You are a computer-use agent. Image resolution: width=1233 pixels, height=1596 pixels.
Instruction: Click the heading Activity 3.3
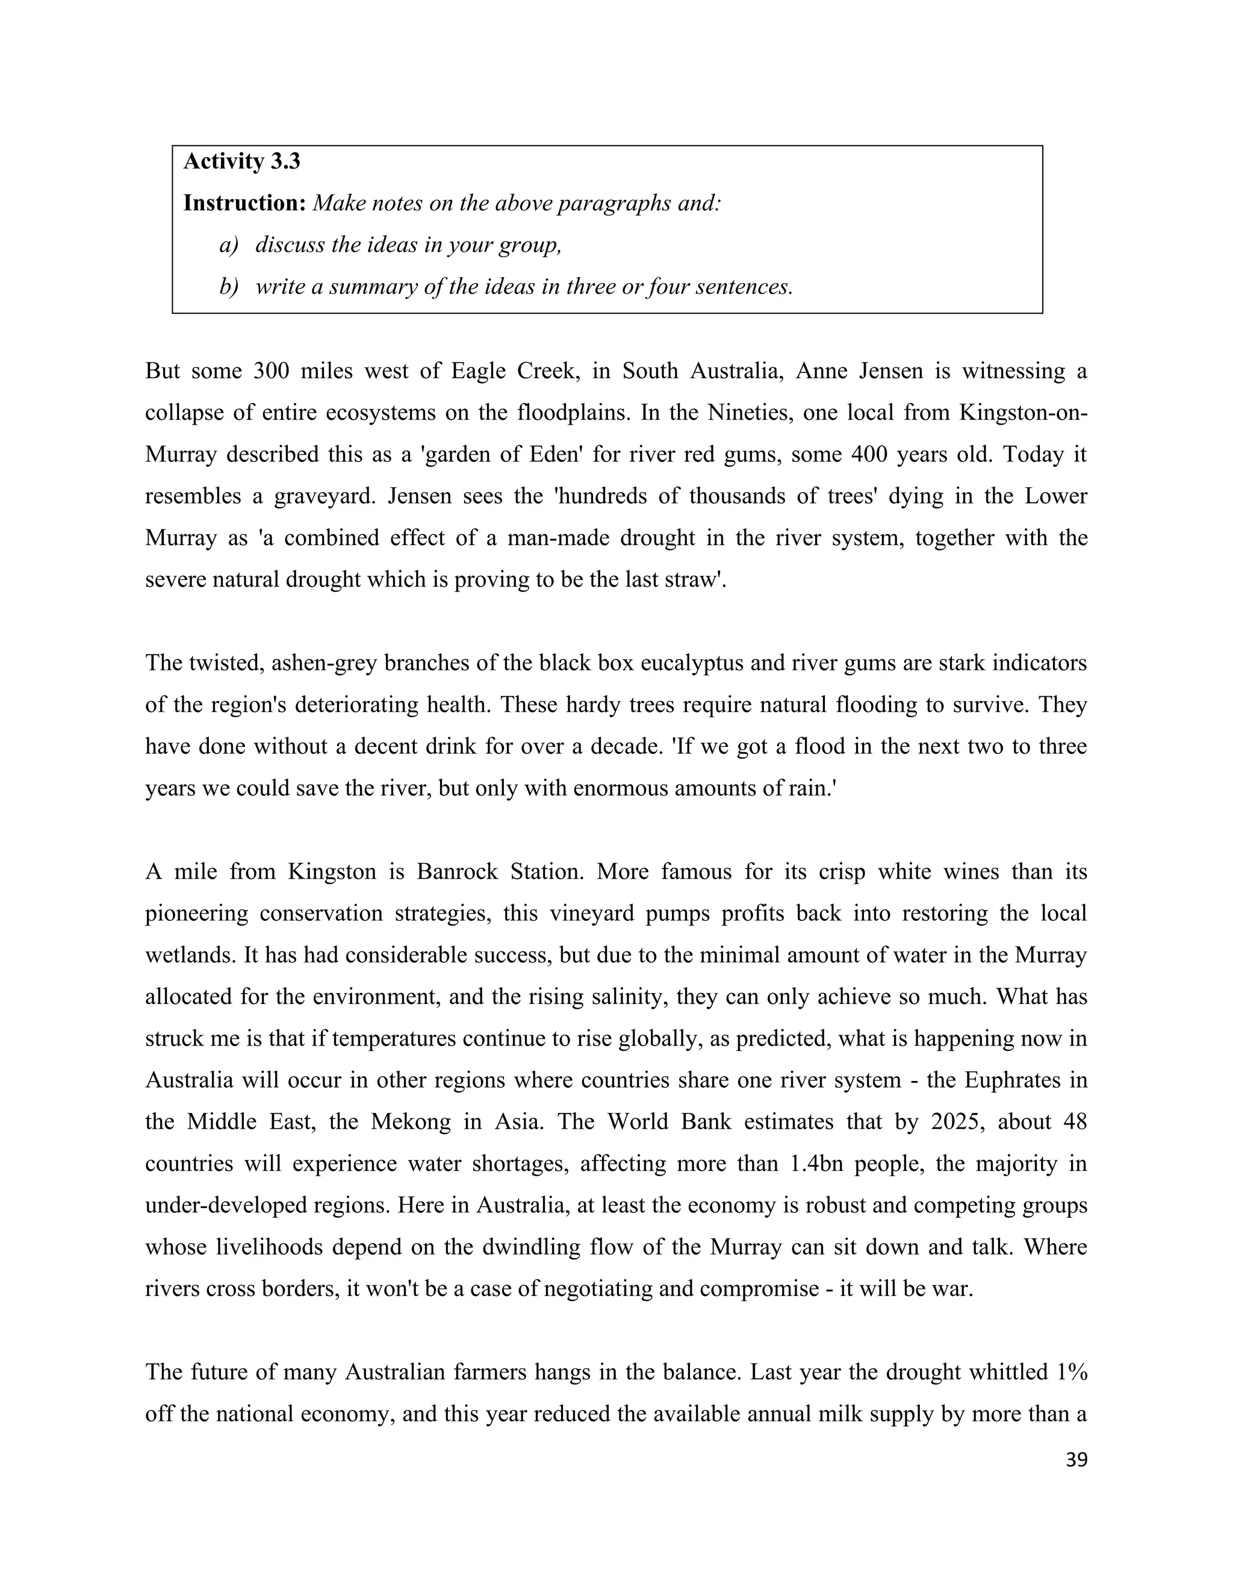(x=241, y=161)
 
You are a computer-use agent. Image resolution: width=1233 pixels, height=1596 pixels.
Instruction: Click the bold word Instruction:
(x=244, y=203)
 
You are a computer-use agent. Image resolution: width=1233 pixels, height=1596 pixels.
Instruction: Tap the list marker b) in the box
(x=229, y=287)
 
